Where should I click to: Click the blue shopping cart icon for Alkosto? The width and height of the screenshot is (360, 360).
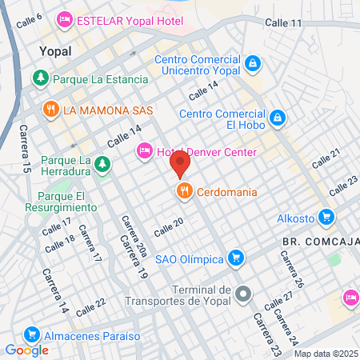click(326, 216)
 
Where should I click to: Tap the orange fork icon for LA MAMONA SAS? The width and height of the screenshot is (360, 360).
click(50, 109)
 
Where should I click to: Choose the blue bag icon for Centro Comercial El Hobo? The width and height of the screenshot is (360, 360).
click(278, 118)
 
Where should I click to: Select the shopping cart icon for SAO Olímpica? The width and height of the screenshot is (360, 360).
click(235, 258)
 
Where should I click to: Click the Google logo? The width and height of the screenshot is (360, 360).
click(26, 350)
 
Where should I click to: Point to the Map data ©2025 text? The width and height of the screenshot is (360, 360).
click(326, 354)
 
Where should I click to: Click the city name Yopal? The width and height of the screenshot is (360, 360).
click(55, 51)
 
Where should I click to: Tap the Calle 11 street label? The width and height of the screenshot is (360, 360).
click(286, 23)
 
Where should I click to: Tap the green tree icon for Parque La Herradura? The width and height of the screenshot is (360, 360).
click(102, 165)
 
